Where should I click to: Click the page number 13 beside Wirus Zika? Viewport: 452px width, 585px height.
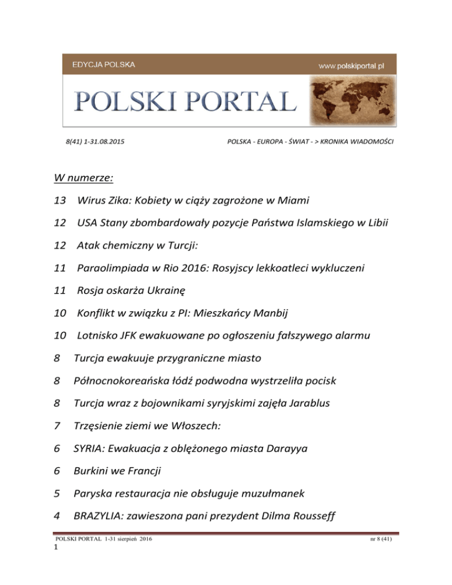point(59,202)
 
